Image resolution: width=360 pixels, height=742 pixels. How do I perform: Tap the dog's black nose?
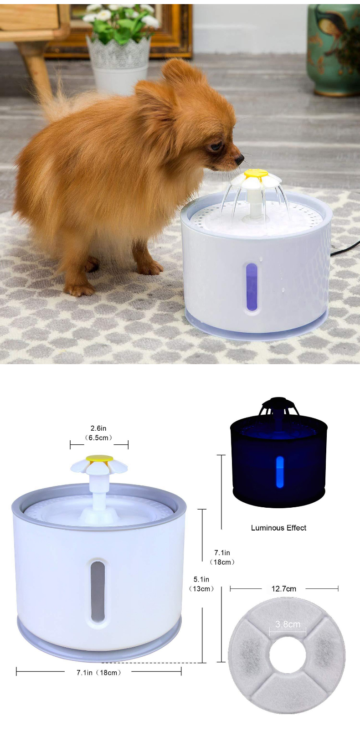[239, 160]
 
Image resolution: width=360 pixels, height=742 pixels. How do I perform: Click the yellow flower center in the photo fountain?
[256, 174]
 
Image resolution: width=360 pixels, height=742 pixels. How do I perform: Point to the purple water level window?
[252, 287]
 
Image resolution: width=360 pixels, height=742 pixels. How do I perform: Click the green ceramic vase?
[334, 50]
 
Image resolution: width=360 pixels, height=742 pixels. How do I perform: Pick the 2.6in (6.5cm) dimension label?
[98, 433]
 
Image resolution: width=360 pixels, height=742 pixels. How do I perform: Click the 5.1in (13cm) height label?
[201, 584]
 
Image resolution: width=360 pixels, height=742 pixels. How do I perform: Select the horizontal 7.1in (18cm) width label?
[98, 672]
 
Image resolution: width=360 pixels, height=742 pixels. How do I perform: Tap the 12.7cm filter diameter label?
[283, 589]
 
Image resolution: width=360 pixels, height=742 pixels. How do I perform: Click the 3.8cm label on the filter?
[288, 624]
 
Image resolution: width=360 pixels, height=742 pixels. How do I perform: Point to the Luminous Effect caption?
[278, 528]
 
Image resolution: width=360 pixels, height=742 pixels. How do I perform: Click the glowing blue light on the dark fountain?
[280, 472]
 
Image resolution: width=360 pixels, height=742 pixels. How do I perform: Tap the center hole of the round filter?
[287, 655]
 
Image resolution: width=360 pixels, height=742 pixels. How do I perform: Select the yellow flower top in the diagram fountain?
[99, 458]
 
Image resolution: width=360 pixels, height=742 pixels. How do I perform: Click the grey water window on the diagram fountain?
[98, 591]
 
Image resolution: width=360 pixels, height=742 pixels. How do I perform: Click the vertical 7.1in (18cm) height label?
[222, 557]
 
